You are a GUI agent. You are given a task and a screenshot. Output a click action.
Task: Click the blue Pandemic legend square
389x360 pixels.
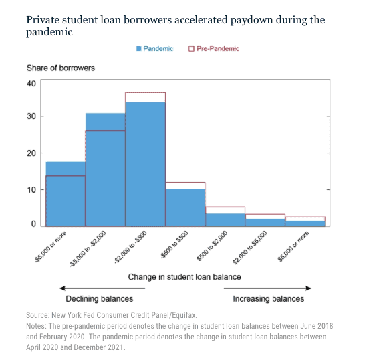tap(138, 48)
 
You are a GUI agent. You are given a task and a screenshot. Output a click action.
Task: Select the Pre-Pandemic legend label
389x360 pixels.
tap(218, 48)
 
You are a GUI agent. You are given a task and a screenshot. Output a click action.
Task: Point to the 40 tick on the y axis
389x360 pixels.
tap(31, 84)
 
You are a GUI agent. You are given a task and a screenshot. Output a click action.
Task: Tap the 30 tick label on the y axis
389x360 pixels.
tap(31, 116)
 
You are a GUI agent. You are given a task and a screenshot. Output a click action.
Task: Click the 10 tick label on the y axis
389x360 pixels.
tap(31, 190)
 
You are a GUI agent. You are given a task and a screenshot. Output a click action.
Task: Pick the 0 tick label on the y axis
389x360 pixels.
tap(33, 224)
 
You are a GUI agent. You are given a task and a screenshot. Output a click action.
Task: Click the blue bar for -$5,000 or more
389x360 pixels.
tap(66, 194)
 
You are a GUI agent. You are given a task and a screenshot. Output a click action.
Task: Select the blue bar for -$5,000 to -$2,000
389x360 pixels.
tap(106, 170)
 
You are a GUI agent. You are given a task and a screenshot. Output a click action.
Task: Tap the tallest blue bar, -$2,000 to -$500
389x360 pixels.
tap(146, 164)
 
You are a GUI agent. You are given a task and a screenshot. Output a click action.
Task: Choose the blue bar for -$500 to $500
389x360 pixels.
tap(185, 207)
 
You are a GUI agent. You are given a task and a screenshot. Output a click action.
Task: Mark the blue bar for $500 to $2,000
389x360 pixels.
tap(225, 220)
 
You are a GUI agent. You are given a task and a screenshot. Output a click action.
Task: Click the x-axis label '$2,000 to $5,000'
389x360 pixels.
tap(250, 248)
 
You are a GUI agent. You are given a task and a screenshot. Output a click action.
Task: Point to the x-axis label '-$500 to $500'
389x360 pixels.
tap(174, 245)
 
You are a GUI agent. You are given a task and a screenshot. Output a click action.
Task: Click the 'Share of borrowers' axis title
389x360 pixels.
tap(61, 68)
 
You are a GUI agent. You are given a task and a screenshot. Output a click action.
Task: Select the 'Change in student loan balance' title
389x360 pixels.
tap(184, 277)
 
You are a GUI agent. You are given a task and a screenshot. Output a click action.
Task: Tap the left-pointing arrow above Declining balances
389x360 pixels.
tap(102, 288)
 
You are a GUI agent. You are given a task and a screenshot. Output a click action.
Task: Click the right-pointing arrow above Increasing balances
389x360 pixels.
tap(267, 288)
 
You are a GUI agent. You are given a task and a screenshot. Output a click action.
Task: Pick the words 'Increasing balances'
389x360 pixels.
tap(269, 298)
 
